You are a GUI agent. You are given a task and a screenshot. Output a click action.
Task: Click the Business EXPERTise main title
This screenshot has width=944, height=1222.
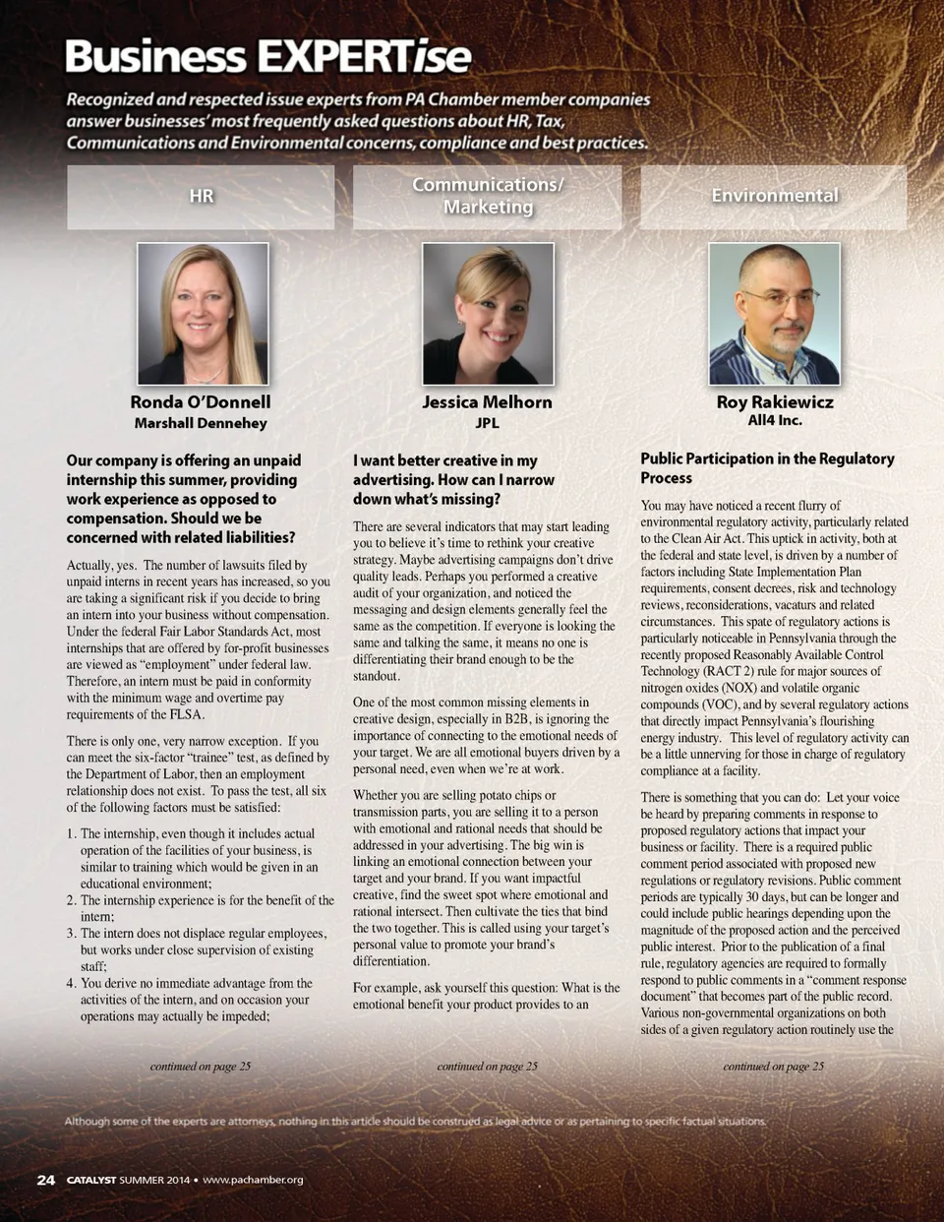click(267, 57)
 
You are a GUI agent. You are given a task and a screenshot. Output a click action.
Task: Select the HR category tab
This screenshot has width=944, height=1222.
click(201, 197)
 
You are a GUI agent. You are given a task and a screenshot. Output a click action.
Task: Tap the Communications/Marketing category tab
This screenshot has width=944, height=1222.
click(488, 196)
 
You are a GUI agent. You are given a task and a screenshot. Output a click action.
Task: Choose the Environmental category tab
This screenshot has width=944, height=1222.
click(774, 196)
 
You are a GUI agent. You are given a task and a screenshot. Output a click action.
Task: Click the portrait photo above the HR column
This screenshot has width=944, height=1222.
click(203, 314)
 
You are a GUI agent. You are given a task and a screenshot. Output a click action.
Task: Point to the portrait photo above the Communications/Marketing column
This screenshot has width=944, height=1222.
click(488, 314)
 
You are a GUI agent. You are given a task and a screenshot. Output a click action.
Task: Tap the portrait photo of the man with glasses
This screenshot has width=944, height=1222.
click(775, 314)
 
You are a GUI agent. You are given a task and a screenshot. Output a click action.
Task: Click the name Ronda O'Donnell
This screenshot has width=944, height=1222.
click(201, 401)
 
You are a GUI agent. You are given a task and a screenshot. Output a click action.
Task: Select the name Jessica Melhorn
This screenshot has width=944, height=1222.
click(487, 401)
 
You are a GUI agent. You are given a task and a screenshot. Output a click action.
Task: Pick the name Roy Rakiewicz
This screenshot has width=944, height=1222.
click(775, 401)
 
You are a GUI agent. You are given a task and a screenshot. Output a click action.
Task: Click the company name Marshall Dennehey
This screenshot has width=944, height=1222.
click(201, 423)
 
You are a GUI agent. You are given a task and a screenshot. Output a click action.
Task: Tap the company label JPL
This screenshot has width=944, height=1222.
click(487, 423)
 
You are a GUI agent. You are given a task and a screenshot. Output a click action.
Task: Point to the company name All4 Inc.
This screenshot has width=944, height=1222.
click(775, 420)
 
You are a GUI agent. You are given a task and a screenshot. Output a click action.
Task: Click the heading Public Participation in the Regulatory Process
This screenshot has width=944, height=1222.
click(767, 468)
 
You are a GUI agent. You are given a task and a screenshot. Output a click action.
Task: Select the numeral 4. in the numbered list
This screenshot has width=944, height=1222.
click(72, 983)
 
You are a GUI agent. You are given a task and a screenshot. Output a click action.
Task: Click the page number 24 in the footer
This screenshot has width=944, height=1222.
click(45, 1180)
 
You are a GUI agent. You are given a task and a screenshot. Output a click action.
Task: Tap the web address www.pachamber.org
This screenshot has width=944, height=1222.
click(253, 1180)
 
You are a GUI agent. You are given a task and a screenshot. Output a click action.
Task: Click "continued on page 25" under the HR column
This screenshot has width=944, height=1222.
click(200, 1066)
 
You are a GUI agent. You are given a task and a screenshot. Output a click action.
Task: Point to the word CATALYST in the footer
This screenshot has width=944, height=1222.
click(90, 1180)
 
